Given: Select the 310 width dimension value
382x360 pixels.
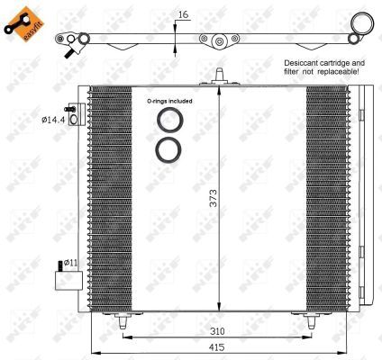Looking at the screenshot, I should click(214, 330).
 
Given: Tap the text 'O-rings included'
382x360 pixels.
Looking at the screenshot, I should click(168, 102).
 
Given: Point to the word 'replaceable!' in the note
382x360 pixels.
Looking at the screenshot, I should click(341, 72).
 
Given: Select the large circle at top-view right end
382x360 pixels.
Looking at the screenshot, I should click(361, 23).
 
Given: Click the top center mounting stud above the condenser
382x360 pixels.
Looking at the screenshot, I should click(218, 78).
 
